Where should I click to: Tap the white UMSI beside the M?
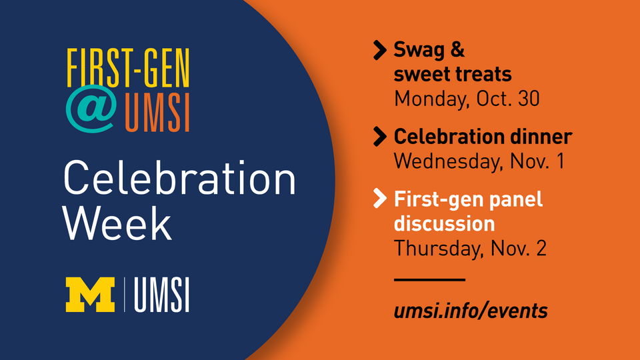[x=161, y=294]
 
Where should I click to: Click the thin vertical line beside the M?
[x=124, y=294]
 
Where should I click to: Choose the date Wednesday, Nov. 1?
[x=479, y=161]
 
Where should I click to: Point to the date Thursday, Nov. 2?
[x=470, y=248]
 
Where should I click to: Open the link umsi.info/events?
[x=471, y=310]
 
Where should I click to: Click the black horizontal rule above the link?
[x=429, y=280]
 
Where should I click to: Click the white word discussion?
[x=444, y=223]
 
